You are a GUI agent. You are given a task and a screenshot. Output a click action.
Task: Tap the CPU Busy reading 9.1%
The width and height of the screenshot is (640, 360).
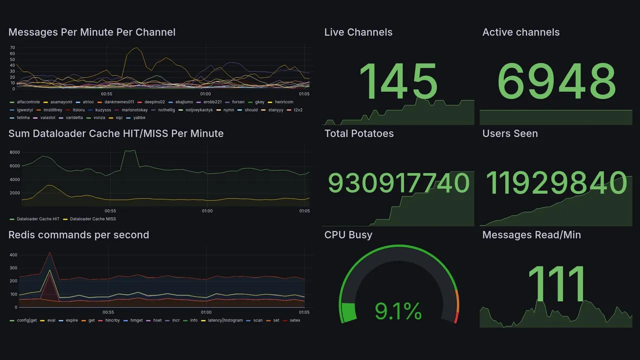tap(398, 312)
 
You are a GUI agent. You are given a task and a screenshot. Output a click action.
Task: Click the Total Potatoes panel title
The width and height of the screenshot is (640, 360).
tap(359, 133)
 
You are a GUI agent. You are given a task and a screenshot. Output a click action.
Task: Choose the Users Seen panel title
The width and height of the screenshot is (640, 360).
tap(510, 133)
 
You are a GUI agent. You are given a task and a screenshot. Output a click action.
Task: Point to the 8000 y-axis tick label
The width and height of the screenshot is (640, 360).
tap(14, 152)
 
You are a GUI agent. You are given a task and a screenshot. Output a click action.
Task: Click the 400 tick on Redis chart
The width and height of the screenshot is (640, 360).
tap(13, 255)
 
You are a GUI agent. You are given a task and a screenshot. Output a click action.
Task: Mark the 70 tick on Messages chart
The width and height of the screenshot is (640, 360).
tap(12, 47)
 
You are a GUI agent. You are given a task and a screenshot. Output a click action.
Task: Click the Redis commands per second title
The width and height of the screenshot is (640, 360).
tap(78, 235)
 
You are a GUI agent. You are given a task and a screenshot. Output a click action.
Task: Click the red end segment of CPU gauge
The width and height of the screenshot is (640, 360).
tap(456, 317)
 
